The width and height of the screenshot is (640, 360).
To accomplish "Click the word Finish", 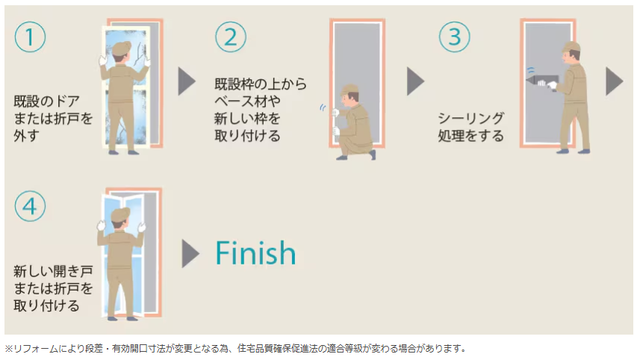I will (255, 253).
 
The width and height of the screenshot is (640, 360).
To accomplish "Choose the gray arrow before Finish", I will (190, 253).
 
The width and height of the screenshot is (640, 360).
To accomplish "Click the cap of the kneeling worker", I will (349, 90).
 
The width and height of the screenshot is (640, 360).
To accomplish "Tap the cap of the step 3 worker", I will (571, 48).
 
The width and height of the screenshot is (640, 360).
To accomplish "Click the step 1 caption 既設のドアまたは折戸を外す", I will (52, 118).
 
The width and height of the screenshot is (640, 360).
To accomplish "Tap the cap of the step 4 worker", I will (120, 215).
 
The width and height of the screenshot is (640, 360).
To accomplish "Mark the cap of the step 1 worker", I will (122, 48).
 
